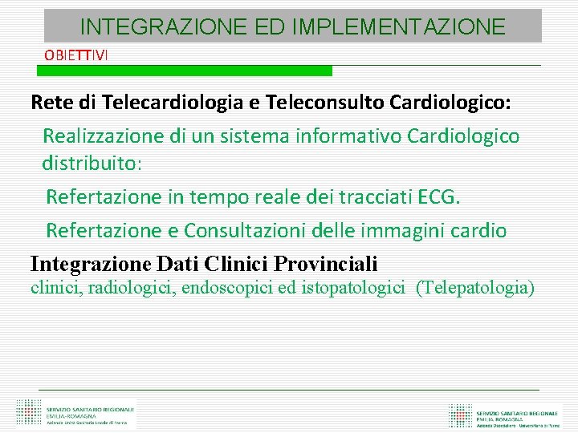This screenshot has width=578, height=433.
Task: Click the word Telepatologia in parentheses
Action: pyautogui.click(x=474, y=287)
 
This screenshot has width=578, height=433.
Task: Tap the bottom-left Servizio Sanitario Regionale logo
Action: pyautogui.click(x=76, y=414)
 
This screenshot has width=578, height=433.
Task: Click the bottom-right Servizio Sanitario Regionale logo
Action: pyautogui.click(x=507, y=415)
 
